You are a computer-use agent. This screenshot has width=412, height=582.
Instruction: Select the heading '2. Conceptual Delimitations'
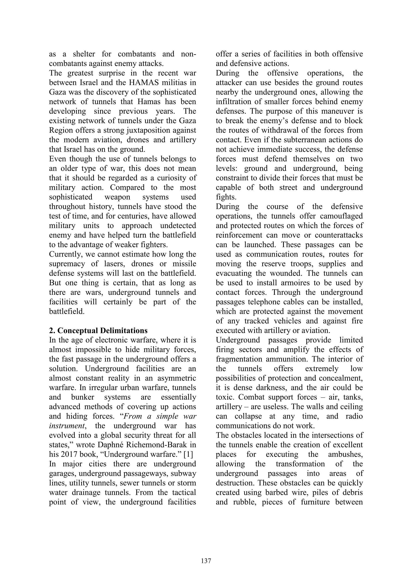(98, 330)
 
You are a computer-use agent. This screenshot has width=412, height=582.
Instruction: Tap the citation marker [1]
(188, 454)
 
